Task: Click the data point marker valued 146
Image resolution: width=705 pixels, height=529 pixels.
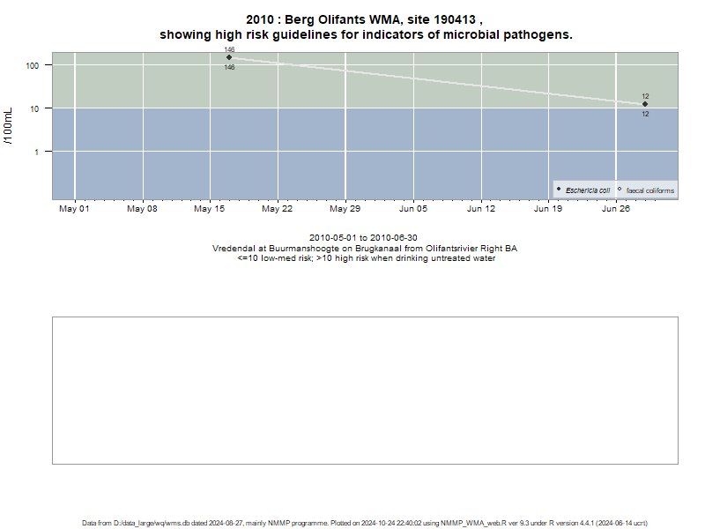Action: (x=229, y=57)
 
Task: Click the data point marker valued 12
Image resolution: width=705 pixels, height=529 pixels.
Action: (x=645, y=104)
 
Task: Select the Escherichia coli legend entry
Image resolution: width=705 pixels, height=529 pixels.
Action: (x=583, y=190)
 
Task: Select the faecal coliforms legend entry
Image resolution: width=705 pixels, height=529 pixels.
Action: (x=646, y=190)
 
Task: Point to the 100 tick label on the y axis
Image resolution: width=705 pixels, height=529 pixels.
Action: (x=33, y=65)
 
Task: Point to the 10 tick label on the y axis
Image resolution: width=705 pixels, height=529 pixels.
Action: (x=34, y=108)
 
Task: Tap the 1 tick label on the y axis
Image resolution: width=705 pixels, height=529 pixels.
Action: (x=36, y=152)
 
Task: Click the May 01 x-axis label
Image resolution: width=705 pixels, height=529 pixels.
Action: (x=74, y=209)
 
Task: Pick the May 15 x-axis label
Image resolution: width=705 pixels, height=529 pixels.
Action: (x=209, y=209)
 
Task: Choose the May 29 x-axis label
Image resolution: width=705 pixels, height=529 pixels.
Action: (x=345, y=209)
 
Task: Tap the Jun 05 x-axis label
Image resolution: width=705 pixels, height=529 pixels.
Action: (x=413, y=209)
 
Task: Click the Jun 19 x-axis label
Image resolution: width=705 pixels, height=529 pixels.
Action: (x=548, y=209)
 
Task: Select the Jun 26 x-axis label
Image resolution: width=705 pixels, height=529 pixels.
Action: (x=616, y=209)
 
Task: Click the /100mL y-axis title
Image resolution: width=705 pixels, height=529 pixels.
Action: (x=9, y=126)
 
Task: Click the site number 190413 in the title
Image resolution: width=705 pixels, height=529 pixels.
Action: (x=455, y=19)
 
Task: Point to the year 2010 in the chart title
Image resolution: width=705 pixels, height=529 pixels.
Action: (x=260, y=19)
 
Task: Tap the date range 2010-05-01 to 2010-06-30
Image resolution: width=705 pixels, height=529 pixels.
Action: (x=363, y=237)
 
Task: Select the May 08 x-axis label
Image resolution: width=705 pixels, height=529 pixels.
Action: (x=142, y=209)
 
